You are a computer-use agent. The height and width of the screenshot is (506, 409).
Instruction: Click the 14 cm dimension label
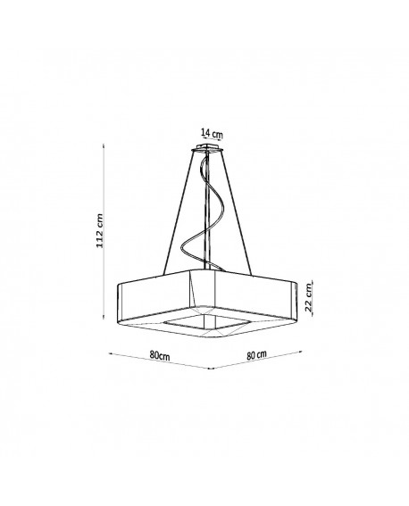pos(212,133)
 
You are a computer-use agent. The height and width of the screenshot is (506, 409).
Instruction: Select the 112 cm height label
pos(100,231)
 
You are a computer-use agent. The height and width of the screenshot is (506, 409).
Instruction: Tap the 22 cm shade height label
pos(309,297)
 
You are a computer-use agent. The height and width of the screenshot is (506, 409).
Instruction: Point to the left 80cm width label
pos(160,355)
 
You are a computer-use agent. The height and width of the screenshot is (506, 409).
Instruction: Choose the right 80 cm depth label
pos(256,354)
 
